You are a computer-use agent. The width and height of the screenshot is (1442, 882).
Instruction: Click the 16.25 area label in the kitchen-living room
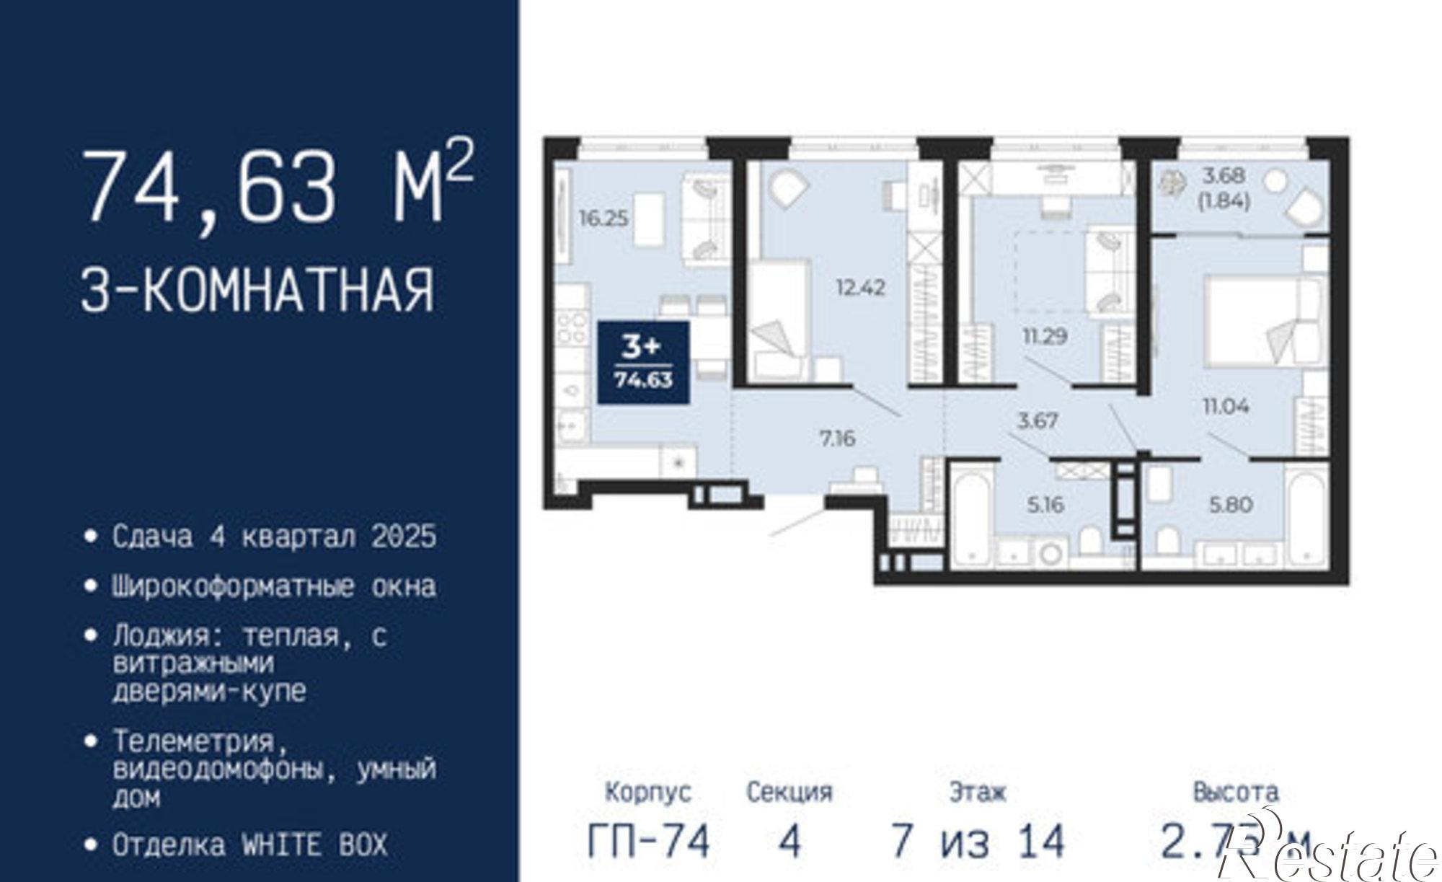(x=603, y=218)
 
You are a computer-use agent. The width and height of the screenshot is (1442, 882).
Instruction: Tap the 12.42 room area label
(x=860, y=288)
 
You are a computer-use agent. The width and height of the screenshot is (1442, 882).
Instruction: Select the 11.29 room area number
(x=1045, y=335)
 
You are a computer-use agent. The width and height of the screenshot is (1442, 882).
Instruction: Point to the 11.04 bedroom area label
(x=1225, y=406)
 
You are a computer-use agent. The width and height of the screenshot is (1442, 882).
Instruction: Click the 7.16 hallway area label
(x=837, y=438)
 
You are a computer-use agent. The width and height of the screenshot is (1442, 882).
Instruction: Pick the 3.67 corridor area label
(x=1037, y=420)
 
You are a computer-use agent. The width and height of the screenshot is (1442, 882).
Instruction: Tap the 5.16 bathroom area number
(x=1045, y=504)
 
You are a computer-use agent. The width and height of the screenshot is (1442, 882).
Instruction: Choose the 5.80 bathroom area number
(x=1231, y=504)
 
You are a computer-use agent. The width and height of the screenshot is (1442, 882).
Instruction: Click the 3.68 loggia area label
(x=1223, y=175)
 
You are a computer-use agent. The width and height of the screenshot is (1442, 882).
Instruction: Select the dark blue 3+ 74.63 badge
(x=643, y=363)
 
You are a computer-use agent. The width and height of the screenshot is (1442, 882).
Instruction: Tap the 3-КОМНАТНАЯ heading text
(x=257, y=290)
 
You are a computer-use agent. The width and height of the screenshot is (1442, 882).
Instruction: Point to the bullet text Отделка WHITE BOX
(x=249, y=844)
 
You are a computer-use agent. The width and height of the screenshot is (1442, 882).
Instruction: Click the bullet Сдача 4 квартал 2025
(x=274, y=537)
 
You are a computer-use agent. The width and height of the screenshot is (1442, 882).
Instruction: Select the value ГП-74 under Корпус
(x=649, y=841)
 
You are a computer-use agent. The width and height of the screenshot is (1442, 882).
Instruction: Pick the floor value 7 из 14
(x=977, y=841)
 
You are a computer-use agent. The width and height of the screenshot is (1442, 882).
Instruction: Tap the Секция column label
(x=789, y=793)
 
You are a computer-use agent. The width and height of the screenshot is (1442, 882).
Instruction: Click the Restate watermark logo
(x=1327, y=855)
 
